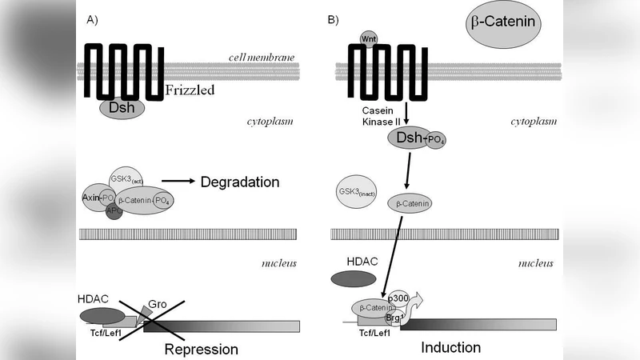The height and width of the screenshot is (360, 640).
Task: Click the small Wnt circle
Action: [x=369, y=37]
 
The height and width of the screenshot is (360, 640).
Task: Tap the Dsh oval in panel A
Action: [x=122, y=107]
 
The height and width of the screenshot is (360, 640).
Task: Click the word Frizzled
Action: [x=190, y=90]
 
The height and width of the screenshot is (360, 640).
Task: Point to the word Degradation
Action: [x=240, y=182]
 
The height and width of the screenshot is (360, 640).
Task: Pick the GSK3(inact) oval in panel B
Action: [x=358, y=193]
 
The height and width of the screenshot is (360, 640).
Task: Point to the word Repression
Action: [x=202, y=349]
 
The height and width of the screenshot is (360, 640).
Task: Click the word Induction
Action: [x=450, y=347]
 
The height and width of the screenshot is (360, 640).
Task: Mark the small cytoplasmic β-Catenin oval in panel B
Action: [x=410, y=204]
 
